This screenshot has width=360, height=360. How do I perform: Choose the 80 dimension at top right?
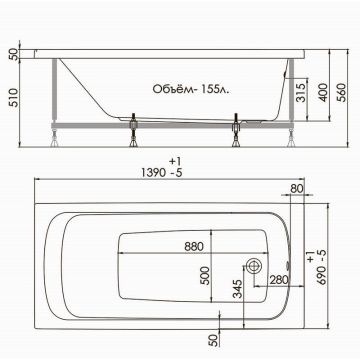(296, 188)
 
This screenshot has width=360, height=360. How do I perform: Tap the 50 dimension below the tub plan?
(214, 341)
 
